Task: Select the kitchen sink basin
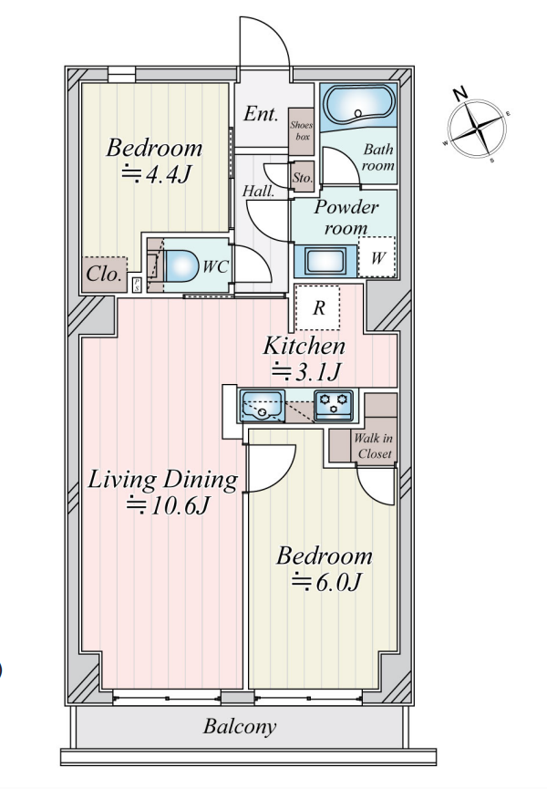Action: [263, 406]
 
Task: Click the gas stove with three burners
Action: [335, 405]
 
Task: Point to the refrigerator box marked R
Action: [318, 307]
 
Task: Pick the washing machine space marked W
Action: [377, 257]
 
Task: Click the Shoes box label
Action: [301, 130]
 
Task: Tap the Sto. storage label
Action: [303, 178]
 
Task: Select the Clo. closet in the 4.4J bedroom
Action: [105, 275]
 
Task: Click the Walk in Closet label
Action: [374, 446]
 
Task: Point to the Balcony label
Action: [240, 727]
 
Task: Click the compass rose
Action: [477, 128]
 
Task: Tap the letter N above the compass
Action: [459, 93]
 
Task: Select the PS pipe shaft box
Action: [136, 285]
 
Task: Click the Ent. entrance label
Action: [261, 114]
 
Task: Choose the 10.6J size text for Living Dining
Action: [168, 505]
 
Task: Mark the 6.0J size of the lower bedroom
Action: [326, 583]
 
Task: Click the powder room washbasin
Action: [325, 261]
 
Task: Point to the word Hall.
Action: [258, 192]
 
